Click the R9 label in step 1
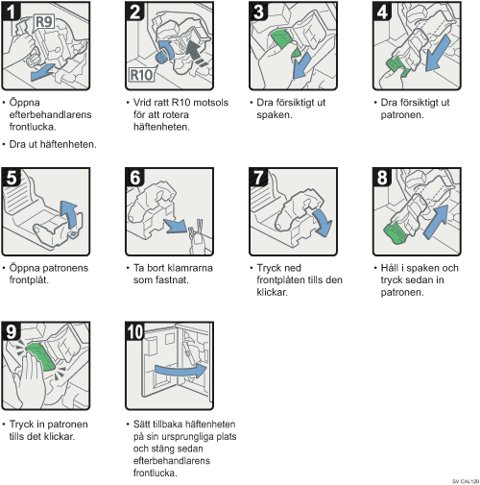pyautogui.click(x=44, y=22)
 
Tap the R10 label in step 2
pyautogui.click(x=141, y=75)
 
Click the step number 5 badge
pyautogui.click(x=11, y=177)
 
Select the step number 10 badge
pyautogui.click(x=134, y=331)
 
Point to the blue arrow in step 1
pyautogui.click(x=42, y=72)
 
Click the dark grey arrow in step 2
pyautogui.click(x=196, y=52)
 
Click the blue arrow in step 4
pyautogui.click(x=439, y=54)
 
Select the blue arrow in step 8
pyautogui.click(x=437, y=222)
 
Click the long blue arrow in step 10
pyautogui.click(x=181, y=371)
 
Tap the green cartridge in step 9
pyautogui.click(x=41, y=356)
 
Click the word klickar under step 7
pyautogui.click(x=272, y=292)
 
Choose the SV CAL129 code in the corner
pyautogui.click(x=466, y=481)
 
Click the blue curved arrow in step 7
pyautogui.click(x=324, y=223)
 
